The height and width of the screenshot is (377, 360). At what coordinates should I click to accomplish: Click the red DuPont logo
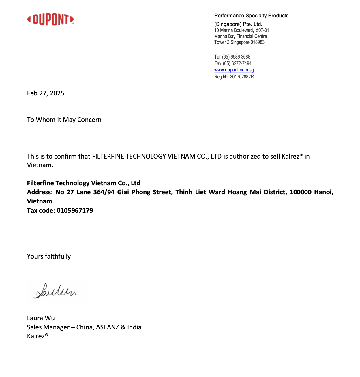click(50, 20)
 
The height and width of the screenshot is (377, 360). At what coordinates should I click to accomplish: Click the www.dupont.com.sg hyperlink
click(234, 70)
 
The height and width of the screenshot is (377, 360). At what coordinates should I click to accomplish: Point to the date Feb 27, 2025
click(46, 93)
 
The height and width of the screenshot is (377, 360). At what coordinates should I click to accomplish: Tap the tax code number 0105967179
click(75, 210)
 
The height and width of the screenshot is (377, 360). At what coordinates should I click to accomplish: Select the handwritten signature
click(56, 291)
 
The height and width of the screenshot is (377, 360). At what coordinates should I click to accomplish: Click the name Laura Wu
click(41, 318)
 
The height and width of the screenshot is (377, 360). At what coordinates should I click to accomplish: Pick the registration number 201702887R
click(242, 77)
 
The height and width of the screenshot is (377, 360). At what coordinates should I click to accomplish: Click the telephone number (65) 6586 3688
click(236, 57)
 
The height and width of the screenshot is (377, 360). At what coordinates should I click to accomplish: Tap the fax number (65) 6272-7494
click(237, 63)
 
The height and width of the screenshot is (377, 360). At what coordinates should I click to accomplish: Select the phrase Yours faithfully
click(49, 256)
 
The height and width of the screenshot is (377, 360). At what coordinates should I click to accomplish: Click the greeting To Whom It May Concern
click(64, 120)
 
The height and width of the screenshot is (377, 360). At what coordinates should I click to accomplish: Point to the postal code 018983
click(258, 42)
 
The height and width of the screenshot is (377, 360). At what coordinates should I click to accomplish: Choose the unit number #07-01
click(262, 30)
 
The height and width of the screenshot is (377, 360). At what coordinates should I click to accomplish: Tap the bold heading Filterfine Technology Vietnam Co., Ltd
click(84, 183)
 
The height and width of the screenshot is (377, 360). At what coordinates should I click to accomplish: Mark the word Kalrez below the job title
click(36, 336)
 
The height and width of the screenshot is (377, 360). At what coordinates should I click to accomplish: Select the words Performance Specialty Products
click(251, 16)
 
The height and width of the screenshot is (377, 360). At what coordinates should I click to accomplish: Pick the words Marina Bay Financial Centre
click(241, 36)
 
